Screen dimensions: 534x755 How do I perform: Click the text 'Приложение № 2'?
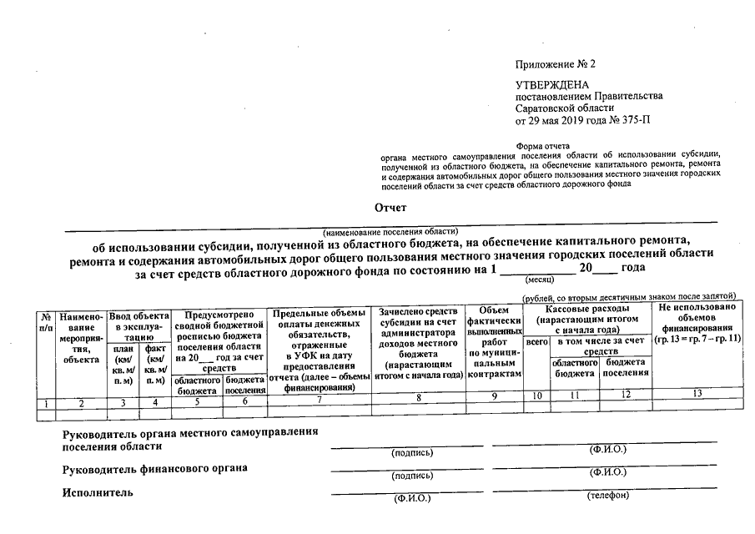click(556, 63)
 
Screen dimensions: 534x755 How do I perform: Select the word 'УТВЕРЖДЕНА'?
click(552, 85)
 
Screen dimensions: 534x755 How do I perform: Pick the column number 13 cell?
click(697, 393)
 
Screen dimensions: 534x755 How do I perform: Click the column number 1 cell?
click(46, 404)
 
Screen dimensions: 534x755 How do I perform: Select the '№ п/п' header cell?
click(46, 322)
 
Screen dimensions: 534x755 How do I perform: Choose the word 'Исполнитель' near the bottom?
click(98, 493)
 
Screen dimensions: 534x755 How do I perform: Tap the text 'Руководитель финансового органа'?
click(155, 469)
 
